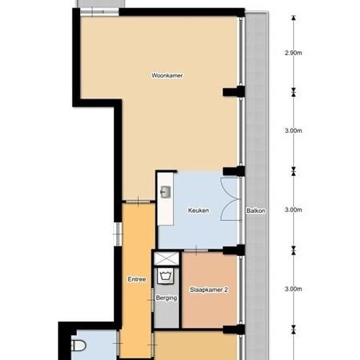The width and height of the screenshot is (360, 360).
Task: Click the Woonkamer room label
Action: click(167, 75)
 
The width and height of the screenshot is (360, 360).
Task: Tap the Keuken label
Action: click(198, 210)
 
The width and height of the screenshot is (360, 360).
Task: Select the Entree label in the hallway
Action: click(137, 279)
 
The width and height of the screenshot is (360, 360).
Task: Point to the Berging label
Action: click(166, 298)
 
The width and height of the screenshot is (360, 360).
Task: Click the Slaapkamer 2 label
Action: click(209, 290)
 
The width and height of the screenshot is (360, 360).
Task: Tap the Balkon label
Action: click(256, 211)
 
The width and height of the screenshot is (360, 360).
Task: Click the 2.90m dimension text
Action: click(293, 53)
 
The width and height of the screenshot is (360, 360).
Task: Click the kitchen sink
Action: click(166, 192)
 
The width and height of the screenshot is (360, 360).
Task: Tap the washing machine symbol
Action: click(166, 276)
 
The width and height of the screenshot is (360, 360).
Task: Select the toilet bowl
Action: click(79, 346)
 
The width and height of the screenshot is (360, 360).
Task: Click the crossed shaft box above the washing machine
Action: click(166, 259)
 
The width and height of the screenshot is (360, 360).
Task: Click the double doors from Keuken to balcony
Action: click(230, 199)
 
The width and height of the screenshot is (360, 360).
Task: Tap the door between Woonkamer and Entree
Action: click(138, 202)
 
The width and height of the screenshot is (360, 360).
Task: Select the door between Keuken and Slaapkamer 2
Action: click(196, 251)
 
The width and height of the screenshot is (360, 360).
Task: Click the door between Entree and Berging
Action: click(152, 300)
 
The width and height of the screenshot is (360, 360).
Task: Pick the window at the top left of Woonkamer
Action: click(99, 12)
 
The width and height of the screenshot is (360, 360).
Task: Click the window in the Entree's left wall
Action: click(118, 234)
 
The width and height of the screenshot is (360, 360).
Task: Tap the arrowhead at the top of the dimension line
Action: click(293, 18)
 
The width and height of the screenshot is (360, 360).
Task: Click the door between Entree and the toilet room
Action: click(118, 344)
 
